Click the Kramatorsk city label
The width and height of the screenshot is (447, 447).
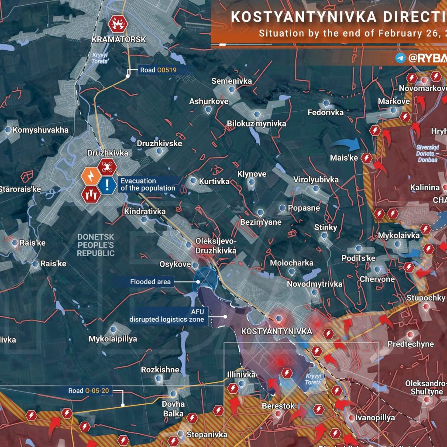pos(118,39)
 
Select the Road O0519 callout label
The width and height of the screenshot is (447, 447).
pos(158,69)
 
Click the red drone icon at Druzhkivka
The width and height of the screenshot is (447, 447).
pos(107,166)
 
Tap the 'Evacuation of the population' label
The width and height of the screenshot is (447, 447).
pos(148,185)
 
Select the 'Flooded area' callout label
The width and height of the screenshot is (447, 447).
pos(150,282)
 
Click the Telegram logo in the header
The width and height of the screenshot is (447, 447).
pos(400,58)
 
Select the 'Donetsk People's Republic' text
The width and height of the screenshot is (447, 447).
pos(96,245)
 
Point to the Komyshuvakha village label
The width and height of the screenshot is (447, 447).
pos(40,130)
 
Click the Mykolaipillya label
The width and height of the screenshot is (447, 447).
pos(113,339)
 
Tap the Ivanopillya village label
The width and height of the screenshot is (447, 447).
pos(375,418)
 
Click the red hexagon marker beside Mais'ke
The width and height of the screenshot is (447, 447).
pos(367,158)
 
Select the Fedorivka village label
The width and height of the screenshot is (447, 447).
pos(326,112)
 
